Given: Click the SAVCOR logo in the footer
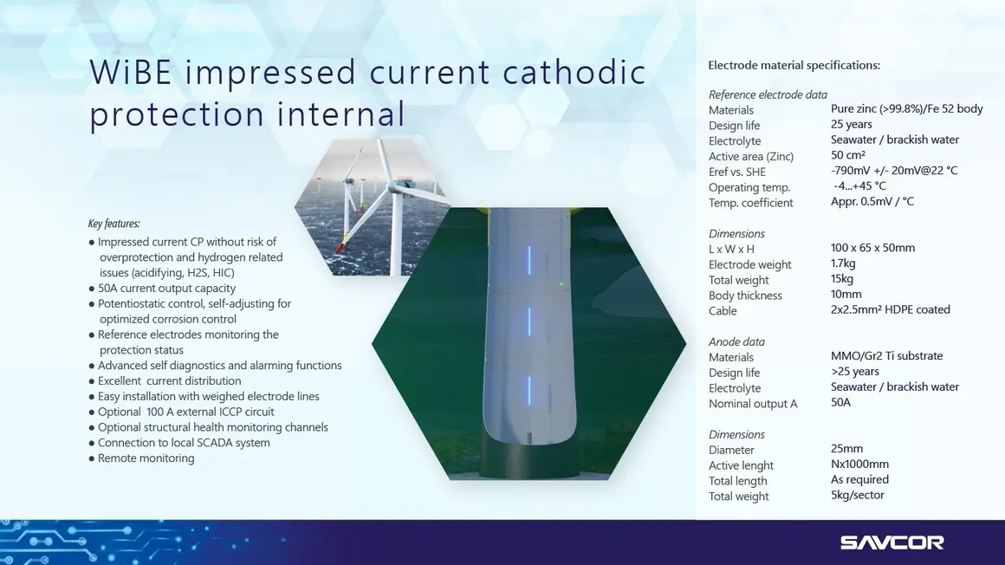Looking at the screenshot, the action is pyautogui.click(x=892, y=542).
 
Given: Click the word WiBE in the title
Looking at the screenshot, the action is pyautogui.click(x=131, y=71).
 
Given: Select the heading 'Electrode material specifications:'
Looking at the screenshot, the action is pyautogui.click(x=794, y=65).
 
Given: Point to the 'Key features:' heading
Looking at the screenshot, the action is pyautogui.click(x=114, y=224).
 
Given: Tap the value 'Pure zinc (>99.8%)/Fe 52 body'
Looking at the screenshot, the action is pyautogui.click(x=907, y=108).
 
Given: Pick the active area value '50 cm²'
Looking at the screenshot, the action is pyautogui.click(x=848, y=154).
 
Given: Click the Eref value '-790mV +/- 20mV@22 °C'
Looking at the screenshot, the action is pyautogui.click(x=894, y=170).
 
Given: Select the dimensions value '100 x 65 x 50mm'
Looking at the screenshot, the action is pyautogui.click(x=873, y=248).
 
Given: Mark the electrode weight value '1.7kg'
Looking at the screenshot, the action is pyautogui.click(x=844, y=263).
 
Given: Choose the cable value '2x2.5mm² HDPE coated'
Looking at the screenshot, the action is pyautogui.click(x=891, y=309).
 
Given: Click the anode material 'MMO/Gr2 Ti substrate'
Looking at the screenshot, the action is pyautogui.click(x=887, y=355).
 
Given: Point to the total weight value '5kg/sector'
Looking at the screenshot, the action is pyautogui.click(x=858, y=495).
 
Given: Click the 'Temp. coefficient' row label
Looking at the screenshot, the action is pyautogui.click(x=750, y=203).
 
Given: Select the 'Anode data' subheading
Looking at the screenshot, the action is pyautogui.click(x=736, y=341).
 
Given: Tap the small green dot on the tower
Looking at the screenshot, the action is pyautogui.click(x=561, y=283).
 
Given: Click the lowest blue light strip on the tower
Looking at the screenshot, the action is pyautogui.click(x=529, y=391).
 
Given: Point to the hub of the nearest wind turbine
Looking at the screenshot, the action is pyautogui.click(x=398, y=186).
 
